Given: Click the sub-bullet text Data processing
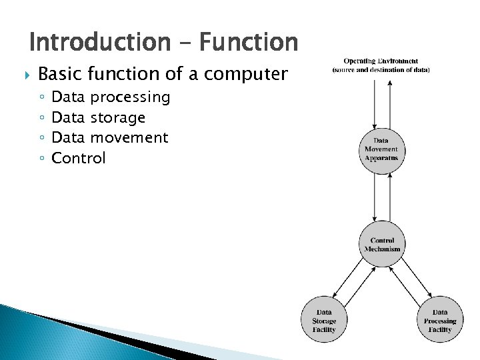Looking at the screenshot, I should [x=111, y=97].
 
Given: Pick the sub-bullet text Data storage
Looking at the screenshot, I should [x=98, y=118].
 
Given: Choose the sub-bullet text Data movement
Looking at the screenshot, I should [x=109, y=138].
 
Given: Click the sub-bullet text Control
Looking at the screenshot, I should [x=79, y=159].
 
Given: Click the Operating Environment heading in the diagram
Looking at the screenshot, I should [x=381, y=61].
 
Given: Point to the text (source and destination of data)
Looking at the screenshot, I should [x=381, y=70].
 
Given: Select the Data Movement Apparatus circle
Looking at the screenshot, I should [x=381, y=149].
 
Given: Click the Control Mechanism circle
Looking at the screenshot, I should [x=382, y=245].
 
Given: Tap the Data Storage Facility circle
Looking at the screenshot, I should [x=324, y=320].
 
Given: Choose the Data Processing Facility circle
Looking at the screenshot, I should [x=439, y=320].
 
